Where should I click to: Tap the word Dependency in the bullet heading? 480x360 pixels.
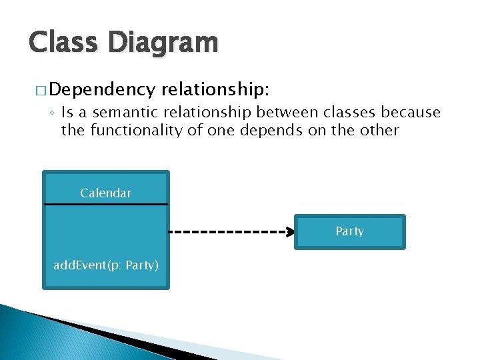102,89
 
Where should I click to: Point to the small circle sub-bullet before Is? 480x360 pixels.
53,113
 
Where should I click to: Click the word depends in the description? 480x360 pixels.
263,130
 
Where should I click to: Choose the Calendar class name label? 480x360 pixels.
105,193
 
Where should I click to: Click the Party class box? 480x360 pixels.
349,231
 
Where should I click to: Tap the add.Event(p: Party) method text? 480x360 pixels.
106,265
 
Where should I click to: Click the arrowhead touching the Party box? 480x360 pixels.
291,232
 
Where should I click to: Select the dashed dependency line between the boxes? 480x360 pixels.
227,232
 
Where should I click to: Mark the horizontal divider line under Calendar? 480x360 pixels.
105,203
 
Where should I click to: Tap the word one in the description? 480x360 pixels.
217,130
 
